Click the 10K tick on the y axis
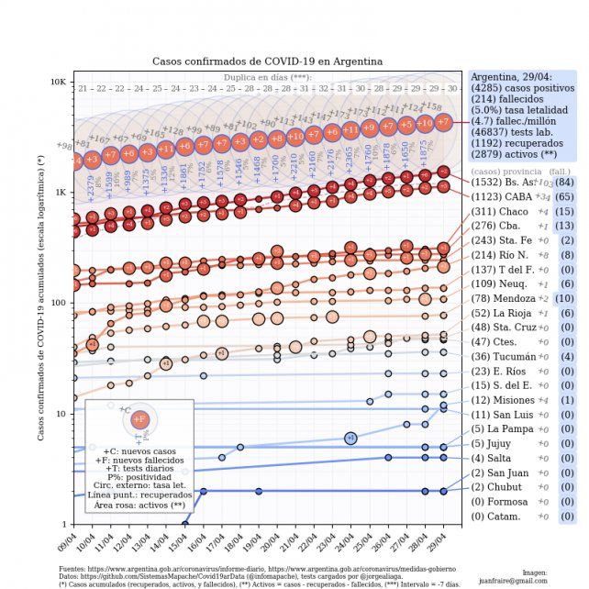point(57,82)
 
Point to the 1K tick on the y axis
point(60,193)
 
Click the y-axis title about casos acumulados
point(40,298)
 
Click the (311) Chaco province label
point(500,212)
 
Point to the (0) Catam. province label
point(499,517)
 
